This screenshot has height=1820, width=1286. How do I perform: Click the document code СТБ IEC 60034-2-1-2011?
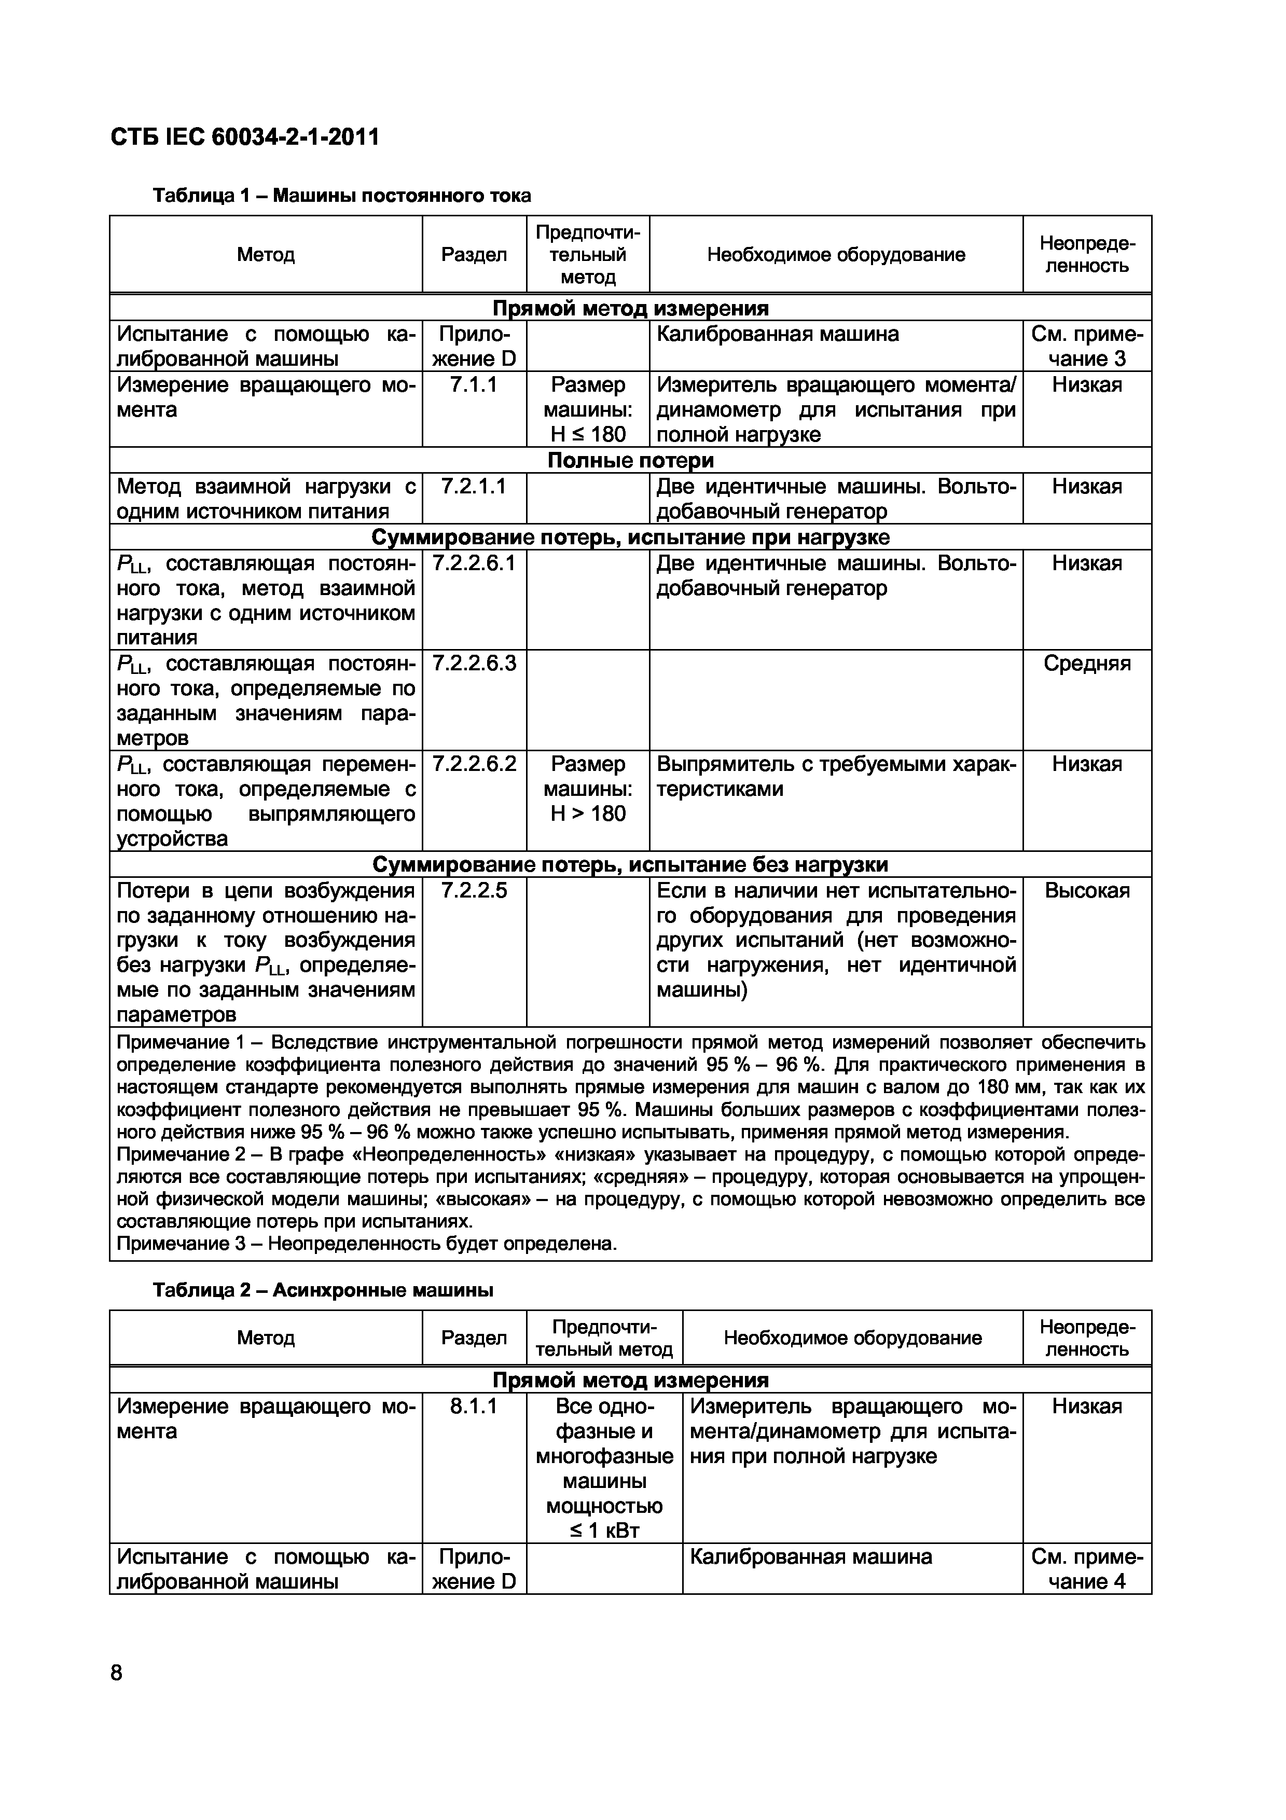(244, 137)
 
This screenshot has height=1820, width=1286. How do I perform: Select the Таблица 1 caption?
(341, 195)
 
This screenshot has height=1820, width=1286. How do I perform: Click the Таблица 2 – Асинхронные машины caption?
(323, 1290)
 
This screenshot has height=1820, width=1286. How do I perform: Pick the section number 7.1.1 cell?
(473, 385)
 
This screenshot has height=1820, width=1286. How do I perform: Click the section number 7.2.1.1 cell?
(473, 486)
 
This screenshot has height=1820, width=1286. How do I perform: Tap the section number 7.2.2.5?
(473, 890)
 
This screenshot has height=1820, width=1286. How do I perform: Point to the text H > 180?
(588, 814)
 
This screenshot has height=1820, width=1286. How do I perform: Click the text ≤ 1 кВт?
(604, 1530)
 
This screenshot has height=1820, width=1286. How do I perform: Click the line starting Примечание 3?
(366, 1243)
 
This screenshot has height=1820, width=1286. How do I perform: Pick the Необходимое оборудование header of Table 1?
(835, 254)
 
